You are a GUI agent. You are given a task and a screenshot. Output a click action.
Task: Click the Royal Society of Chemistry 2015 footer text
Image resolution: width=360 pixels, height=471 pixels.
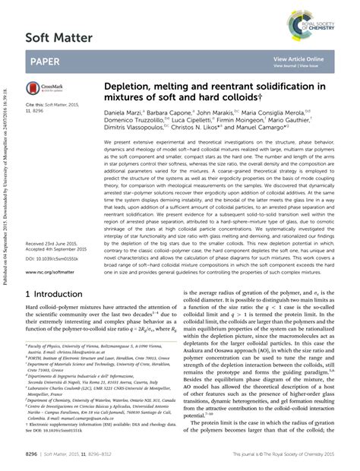pyautogui.click(x=288, y=454)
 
